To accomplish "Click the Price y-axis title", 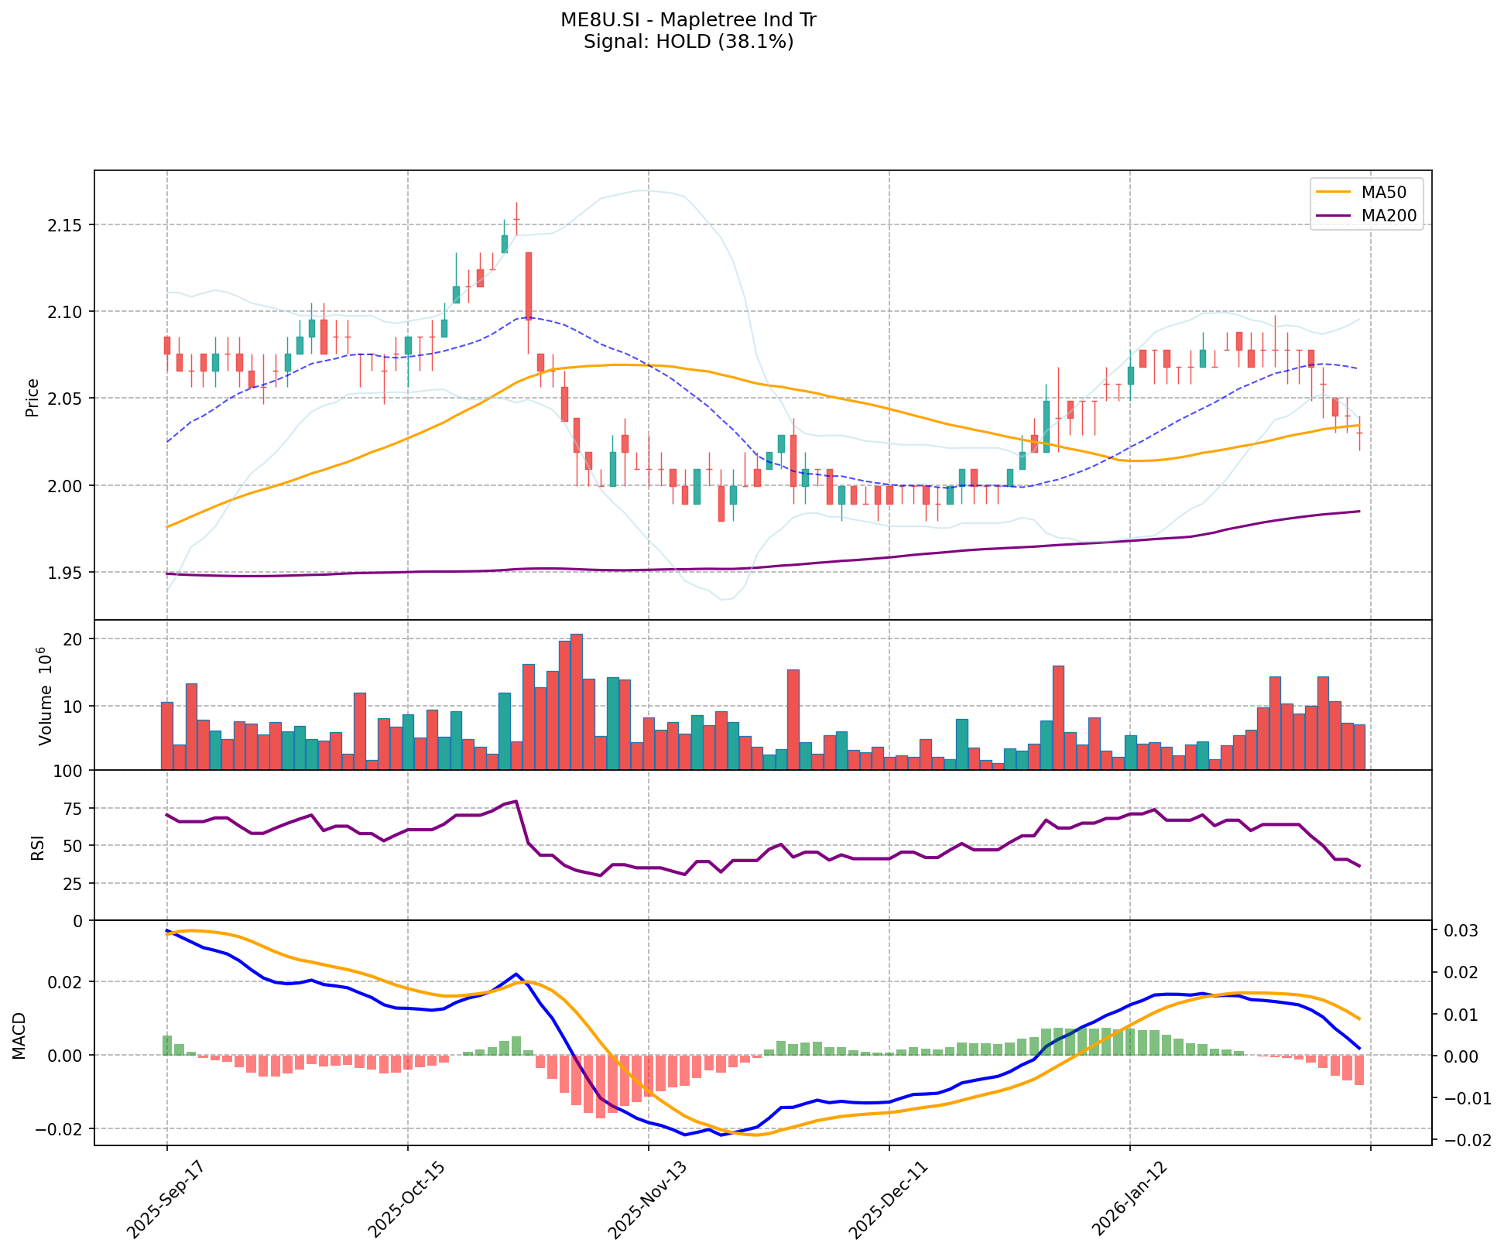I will (x=33, y=398).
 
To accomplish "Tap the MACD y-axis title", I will (x=20, y=1036).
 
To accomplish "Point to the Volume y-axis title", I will (x=45, y=697).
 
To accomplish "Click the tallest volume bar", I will (x=577, y=701).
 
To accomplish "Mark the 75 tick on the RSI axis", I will (x=76, y=809).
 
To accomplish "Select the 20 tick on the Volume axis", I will (x=76, y=639).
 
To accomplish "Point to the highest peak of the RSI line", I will (x=516, y=801).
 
